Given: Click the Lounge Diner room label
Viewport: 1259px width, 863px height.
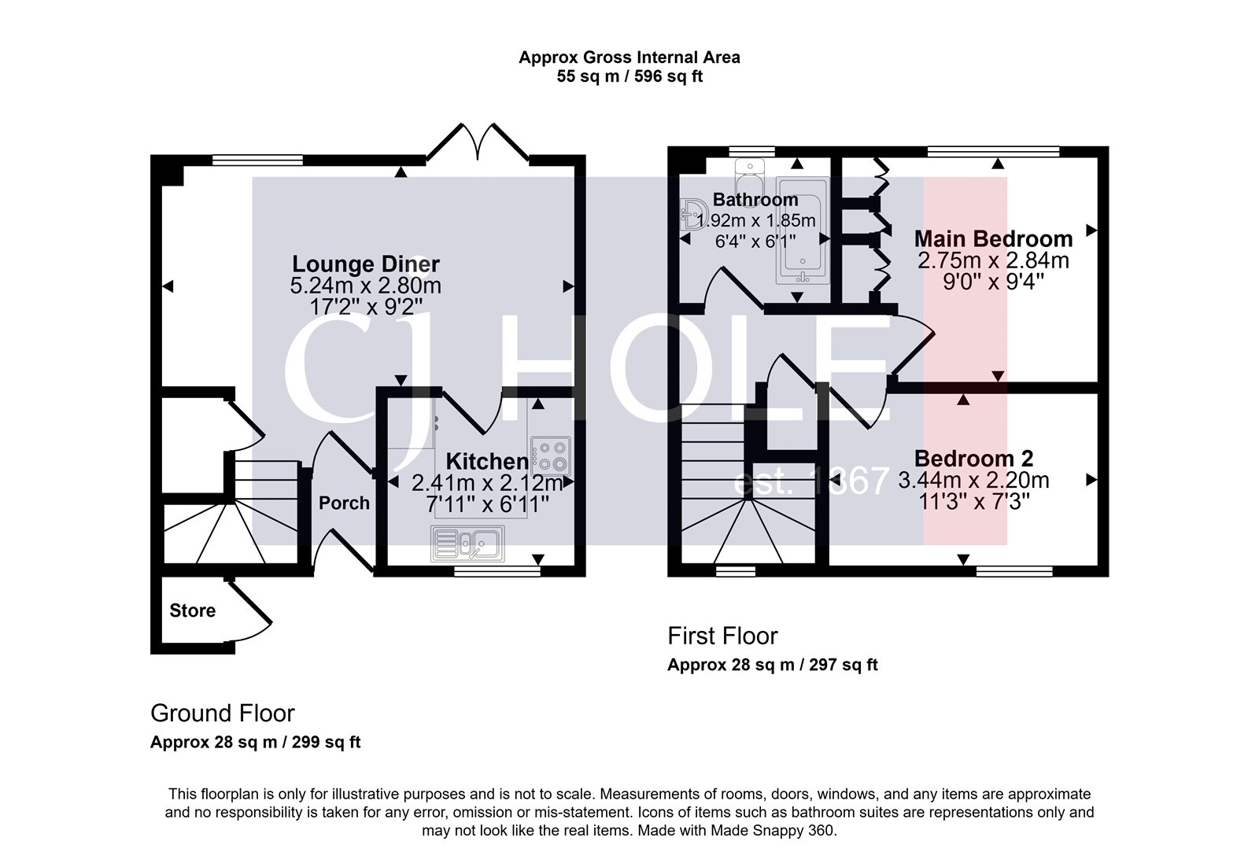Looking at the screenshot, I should point(366,264).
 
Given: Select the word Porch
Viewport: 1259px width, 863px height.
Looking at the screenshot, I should point(344,503).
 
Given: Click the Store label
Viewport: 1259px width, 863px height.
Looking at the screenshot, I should point(192,610).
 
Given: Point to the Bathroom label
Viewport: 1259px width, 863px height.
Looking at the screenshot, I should point(755,200).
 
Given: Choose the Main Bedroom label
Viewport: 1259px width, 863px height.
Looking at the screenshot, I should point(993,238).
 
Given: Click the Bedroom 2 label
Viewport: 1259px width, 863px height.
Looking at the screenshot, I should point(973,459).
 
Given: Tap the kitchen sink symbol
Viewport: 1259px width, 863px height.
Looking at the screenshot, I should point(467,543).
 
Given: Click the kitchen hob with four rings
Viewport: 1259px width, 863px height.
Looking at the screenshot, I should point(549,455).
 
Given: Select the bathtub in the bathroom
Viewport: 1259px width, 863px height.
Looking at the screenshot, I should point(801,233).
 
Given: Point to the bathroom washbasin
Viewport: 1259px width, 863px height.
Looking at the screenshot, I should point(693,212).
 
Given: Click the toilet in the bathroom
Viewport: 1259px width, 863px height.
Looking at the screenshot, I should point(750,171).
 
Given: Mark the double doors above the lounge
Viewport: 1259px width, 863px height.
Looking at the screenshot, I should point(477,142).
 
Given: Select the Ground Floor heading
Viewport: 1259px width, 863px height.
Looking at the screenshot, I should point(222,714).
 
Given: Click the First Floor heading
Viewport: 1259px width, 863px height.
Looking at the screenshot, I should point(722,636).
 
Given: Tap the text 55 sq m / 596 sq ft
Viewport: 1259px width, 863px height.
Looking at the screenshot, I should point(629,77).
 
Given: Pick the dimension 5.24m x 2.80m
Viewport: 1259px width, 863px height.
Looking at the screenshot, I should point(366,286).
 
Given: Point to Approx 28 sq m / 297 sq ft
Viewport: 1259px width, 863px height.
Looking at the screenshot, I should point(772,665).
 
